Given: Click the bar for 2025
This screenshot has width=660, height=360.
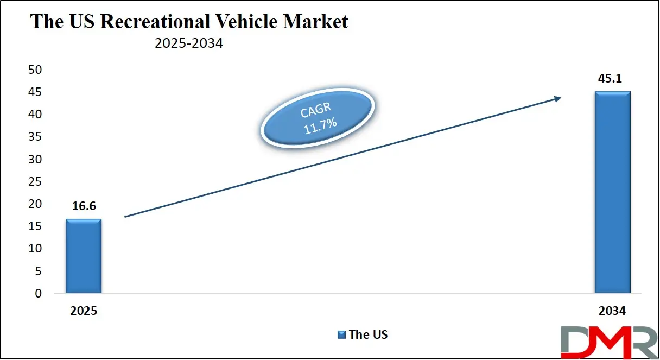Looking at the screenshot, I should click(x=84, y=256).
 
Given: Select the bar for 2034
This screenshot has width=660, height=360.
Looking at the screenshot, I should click(x=612, y=192).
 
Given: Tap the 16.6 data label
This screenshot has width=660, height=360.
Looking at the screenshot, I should click(x=84, y=206).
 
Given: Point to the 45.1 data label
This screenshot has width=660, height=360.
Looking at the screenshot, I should click(x=612, y=79).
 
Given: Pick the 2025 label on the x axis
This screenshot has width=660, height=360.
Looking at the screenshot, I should click(x=84, y=312).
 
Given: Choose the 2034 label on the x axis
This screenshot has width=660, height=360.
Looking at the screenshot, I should click(x=612, y=312).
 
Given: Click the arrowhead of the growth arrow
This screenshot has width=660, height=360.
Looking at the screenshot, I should click(x=557, y=98).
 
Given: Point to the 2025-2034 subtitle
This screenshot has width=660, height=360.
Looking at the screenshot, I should click(x=188, y=44).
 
